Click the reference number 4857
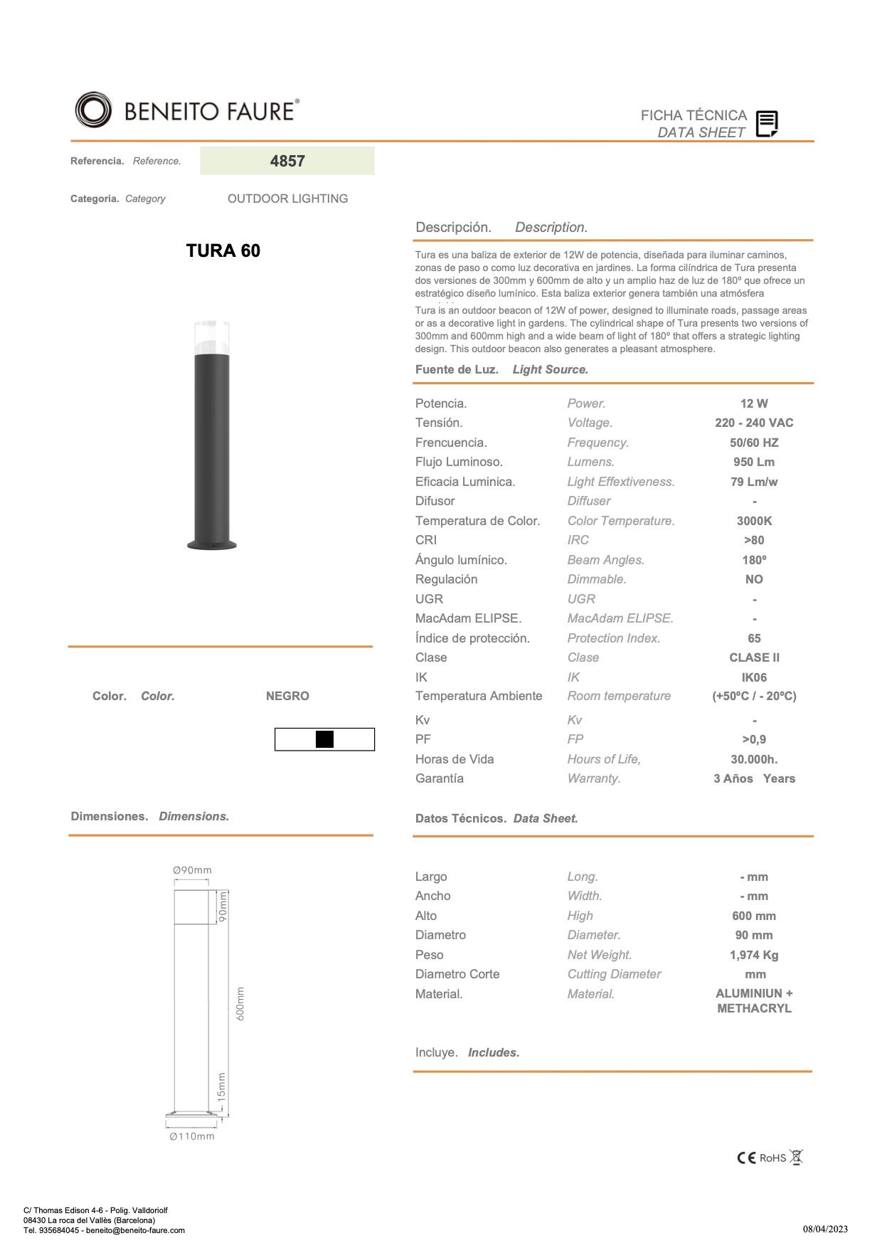287,161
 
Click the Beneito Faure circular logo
93,110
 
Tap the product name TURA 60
223,250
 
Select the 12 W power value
754,403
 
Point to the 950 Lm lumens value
754,462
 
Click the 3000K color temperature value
754,521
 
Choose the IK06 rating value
754,677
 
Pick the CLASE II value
754,657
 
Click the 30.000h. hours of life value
754,759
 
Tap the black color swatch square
324,739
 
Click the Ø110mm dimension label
192,1136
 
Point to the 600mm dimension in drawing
240,1003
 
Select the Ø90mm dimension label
192,870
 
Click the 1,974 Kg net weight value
754,955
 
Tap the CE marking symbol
746,1158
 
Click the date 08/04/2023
825,1229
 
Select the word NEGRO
287,696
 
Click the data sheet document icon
766,124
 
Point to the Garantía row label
440,778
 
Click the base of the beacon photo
212,545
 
